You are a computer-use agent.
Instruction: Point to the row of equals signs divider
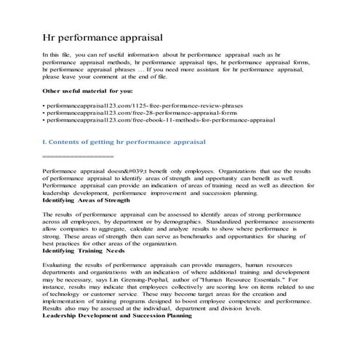79,156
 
